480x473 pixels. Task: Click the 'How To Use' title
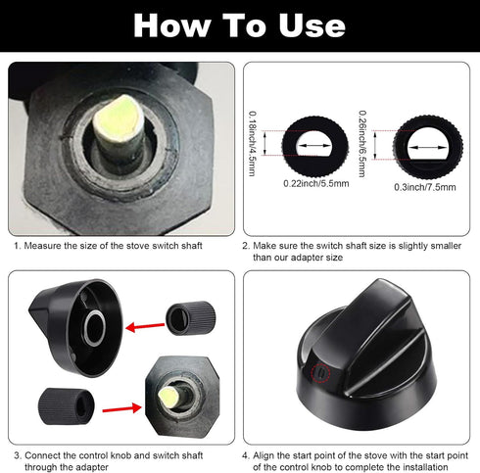coord(239,24)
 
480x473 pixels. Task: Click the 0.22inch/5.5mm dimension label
coord(312,182)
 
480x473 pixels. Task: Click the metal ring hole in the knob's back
coord(96,327)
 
